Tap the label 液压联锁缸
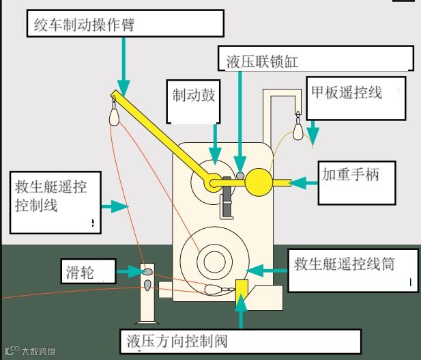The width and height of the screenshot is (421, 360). click(263, 61)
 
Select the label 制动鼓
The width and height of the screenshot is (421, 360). click(194, 95)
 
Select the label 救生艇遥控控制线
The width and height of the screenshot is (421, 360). click(50, 195)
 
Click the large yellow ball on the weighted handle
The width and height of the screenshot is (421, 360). click(258, 182)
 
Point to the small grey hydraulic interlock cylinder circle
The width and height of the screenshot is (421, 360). click(240, 176)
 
